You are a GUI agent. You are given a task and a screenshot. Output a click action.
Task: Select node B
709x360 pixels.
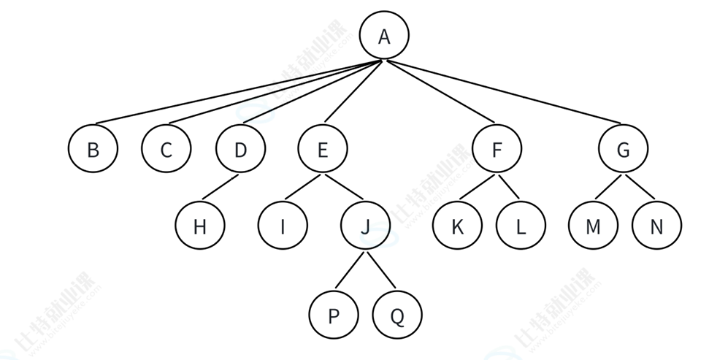point(93,150)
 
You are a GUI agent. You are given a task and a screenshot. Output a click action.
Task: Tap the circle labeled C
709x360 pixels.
point(166,150)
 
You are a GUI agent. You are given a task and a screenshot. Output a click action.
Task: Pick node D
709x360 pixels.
point(240,150)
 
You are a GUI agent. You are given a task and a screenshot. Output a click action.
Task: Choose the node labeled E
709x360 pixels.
point(323,150)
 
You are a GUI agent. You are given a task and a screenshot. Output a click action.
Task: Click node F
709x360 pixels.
point(497,150)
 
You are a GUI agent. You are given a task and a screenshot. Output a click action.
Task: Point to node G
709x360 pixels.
point(623,150)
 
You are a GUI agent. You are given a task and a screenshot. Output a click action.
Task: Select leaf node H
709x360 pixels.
point(200,226)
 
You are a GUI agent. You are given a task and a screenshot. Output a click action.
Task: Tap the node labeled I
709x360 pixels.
point(282,226)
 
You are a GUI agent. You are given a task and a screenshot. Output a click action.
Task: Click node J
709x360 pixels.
point(365,226)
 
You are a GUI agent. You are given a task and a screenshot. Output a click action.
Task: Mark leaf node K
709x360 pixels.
point(457,226)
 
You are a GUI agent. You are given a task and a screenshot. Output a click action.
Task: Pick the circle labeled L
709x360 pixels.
point(521,226)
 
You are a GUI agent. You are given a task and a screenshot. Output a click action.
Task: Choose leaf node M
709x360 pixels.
point(593,226)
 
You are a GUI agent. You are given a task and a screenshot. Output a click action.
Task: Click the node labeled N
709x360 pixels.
point(656,226)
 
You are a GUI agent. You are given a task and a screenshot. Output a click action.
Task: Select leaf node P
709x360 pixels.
point(334,315)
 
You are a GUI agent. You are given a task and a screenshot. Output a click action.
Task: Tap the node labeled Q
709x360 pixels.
point(397,315)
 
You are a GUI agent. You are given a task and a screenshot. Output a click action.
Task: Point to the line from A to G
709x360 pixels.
point(504,92)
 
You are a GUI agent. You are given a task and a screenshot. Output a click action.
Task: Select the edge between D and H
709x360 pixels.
point(219,187)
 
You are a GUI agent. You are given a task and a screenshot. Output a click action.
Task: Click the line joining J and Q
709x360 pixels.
point(381,270)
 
